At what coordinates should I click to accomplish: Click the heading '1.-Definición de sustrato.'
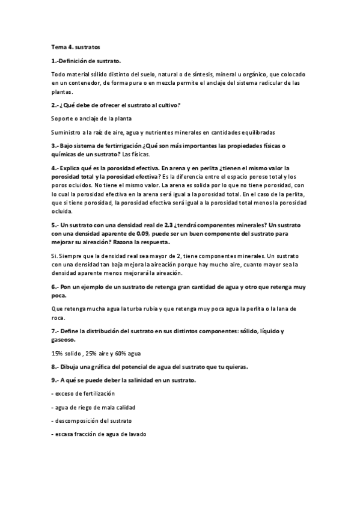tap(86, 61)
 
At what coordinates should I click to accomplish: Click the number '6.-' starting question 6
tap(56, 287)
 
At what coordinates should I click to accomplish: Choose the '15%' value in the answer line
tap(57, 353)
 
